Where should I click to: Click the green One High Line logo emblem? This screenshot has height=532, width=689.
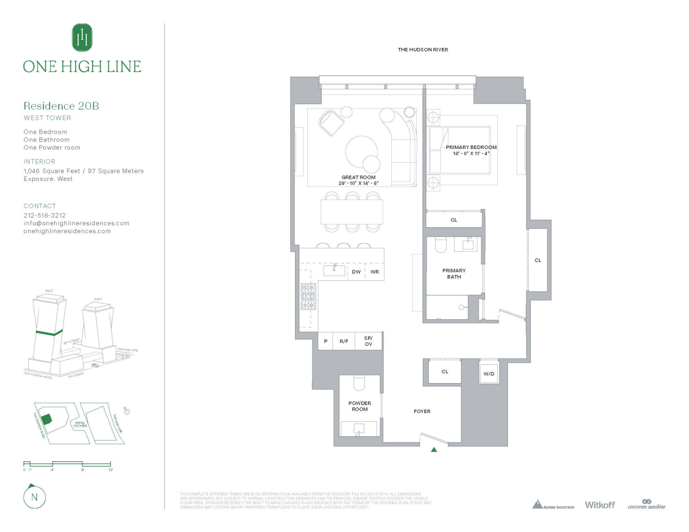pos(82,38)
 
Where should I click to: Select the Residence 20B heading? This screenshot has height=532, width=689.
pos(61,106)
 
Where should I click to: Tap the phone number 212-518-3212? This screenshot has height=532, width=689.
pos(45,215)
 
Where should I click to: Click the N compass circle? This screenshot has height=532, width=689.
pos(35,497)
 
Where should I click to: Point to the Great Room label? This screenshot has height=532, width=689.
pos(358,178)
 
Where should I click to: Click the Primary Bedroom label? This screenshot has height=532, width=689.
pos(471,147)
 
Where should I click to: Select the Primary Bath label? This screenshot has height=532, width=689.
pos(454,273)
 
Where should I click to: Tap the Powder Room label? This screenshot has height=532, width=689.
pos(359,406)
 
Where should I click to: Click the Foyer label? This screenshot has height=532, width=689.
pos(422,411)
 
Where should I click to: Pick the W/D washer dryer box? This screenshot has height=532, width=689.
pos(489,373)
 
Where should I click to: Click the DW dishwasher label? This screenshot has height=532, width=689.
pos(356,272)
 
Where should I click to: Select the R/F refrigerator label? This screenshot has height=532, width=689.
pos(344,341)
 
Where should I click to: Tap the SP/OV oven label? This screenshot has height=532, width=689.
pos(368,341)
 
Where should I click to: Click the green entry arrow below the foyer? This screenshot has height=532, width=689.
pos(434,450)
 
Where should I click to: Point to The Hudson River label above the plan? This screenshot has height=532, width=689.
pos(423,49)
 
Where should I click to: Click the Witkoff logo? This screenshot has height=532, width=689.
pos(600,504)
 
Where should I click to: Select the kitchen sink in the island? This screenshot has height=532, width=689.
pos(334,270)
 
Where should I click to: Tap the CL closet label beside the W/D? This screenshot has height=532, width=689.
pos(445,372)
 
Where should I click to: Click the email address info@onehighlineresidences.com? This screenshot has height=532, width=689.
pos(76,223)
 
